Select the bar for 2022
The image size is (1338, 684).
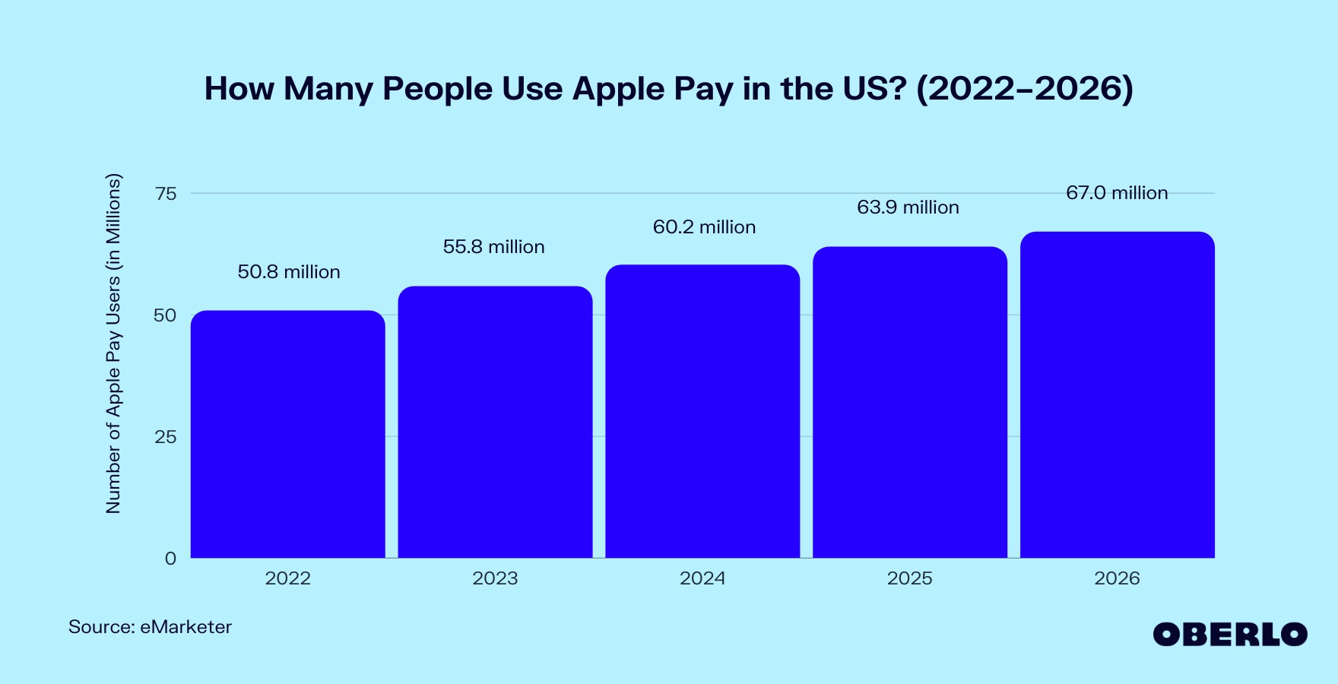tap(287, 434)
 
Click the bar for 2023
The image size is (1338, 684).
tap(495, 422)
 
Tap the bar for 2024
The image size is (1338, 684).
tap(702, 411)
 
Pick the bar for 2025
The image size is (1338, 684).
tap(910, 402)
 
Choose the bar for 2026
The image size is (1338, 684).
tap(1117, 394)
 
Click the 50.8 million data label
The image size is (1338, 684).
tap(289, 272)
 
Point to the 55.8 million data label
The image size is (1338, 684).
tap(494, 247)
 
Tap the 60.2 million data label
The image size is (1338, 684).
tap(704, 227)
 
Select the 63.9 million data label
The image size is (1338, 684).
tap(908, 207)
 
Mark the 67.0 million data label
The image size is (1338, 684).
tap(1117, 193)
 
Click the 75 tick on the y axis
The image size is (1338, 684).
tap(166, 194)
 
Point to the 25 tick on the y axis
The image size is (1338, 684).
tap(166, 437)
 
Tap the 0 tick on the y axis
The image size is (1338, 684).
tap(170, 559)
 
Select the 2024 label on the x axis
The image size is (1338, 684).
tap(702, 578)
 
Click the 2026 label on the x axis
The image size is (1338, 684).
tap(1117, 578)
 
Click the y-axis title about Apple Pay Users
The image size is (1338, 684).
tap(113, 344)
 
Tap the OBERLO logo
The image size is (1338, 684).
tap(1229, 635)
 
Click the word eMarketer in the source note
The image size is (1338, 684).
tap(186, 627)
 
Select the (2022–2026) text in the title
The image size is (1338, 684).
tap(1025, 89)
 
